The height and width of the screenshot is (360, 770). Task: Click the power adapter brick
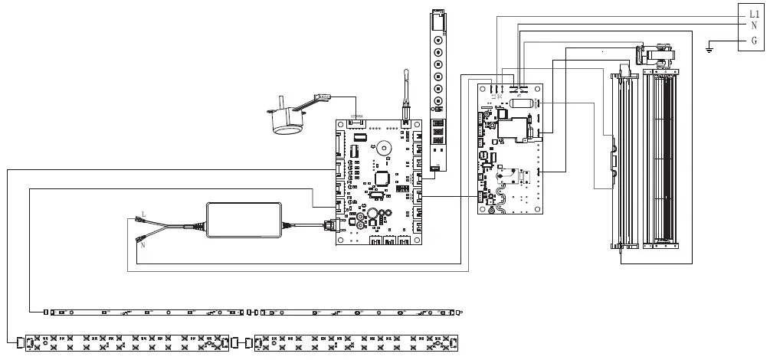click(243, 219)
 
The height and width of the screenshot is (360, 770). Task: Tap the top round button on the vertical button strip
click(438, 40)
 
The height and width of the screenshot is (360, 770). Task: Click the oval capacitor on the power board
click(522, 103)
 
